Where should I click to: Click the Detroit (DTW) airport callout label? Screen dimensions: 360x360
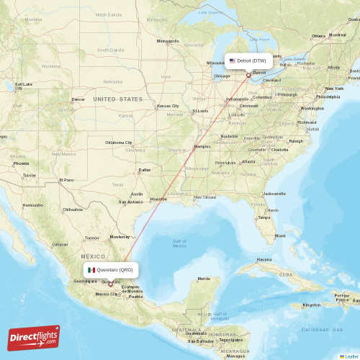click(x=248, y=60)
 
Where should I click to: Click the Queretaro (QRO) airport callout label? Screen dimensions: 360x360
click(x=109, y=269)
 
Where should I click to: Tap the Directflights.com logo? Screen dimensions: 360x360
click(x=34, y=337)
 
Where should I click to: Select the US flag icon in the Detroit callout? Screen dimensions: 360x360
click(x=233, y=60)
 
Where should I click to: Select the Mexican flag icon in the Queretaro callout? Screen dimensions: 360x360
click(x=91, y=269)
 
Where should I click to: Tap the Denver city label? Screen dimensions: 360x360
click(x=78, y=99)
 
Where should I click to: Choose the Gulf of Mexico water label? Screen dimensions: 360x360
click(x=179, y=243)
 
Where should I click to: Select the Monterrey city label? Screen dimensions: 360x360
click(x=119, y=237)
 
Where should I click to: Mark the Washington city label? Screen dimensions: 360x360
click(x=312, y=108)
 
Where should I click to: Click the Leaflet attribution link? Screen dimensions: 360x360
click(x=349, y=356)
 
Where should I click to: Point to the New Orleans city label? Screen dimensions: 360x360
click(x=205, y=197)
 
